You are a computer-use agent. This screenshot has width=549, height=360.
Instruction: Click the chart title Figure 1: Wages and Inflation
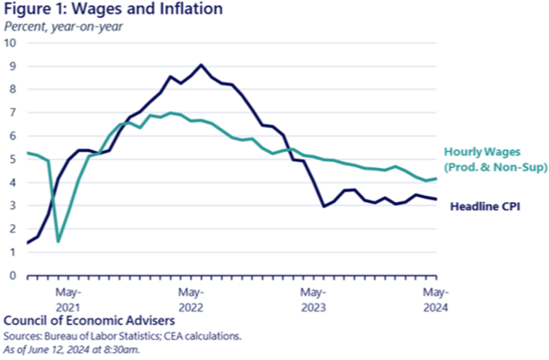(x=114, y=10)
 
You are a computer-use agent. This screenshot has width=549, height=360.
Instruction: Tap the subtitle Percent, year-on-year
(x=63, y=26)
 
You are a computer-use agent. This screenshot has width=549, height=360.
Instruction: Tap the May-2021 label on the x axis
(x=68, y=299)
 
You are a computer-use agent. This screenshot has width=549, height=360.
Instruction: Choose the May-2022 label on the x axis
(x=190, y=299)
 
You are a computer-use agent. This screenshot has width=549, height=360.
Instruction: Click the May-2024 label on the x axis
(x=435, y=299)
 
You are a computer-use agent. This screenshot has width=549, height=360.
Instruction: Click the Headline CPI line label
(x=484, y=206)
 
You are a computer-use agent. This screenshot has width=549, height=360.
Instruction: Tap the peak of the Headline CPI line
(x=201, y=64)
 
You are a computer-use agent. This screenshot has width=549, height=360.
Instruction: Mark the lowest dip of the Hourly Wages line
(x=57, y=241)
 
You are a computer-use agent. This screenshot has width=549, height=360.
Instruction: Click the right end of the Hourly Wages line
(x=435, y=178)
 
